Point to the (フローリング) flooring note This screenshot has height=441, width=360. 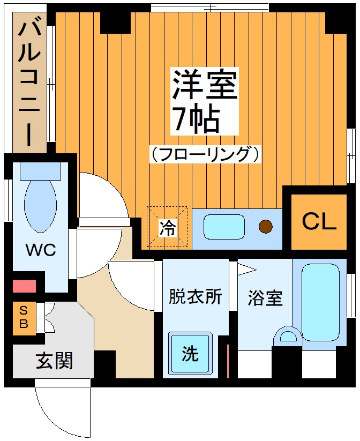point(205,154)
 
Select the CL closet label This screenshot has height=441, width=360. point(319,221)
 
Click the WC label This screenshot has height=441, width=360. point(41,250)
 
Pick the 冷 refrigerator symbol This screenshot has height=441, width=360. point(167,228)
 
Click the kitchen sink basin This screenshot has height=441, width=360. point(224,227)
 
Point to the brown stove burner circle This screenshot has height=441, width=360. point(266,227)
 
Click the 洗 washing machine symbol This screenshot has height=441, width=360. point(190,354)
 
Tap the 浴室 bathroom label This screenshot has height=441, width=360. point(265,298)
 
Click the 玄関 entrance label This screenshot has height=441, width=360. point(54,361)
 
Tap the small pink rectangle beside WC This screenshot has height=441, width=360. point(24,286)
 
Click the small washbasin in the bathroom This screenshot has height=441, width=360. point(288,337)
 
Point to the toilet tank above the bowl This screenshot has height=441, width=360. point(40,171)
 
